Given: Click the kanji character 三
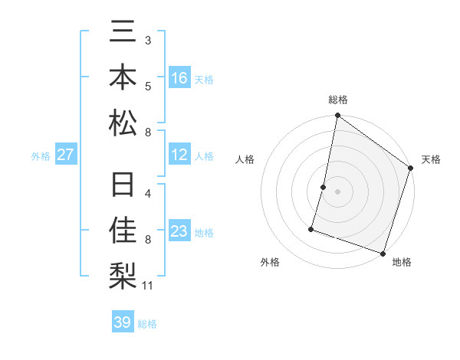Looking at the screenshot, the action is click(123, 33).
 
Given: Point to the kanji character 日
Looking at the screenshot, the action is click(123, 186).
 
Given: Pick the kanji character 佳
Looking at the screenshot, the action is click(123, 230).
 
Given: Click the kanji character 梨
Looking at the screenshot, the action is click(123, 273).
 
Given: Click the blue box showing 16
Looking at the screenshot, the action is click(179, 77).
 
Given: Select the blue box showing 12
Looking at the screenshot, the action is click(179, 155).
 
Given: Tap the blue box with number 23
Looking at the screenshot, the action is click(179, 231).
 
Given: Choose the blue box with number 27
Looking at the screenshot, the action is click(65, 155).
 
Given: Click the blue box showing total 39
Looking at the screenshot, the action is click(122, 322).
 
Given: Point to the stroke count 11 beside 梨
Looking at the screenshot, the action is click(149, 286).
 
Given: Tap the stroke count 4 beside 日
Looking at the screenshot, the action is click(148, 193).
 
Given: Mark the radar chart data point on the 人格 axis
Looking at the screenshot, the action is click(324, 187).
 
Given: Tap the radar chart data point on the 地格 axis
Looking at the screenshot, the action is click(383, 253).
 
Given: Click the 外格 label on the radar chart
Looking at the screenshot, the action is click(270, 262).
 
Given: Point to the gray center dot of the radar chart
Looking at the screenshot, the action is click(337, 191).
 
